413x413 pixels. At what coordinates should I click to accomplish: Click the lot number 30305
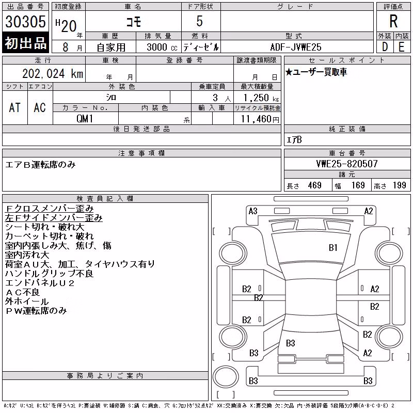pos(25,21)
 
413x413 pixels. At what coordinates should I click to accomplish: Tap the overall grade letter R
pos(393,21)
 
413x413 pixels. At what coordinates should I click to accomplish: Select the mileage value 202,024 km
pos(53,74)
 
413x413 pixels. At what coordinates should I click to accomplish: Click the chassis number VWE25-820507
pos(347,164)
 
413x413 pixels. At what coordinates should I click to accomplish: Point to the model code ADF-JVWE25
pos(296,47)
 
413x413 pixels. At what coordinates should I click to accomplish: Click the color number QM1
pos(85,119)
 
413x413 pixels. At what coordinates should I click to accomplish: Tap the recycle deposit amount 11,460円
pos(260,119)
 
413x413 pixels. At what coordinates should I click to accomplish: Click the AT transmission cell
pos(15,107)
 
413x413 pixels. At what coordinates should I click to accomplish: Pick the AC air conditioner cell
pos(40,107)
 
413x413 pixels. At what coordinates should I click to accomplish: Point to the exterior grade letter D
pos(385,47)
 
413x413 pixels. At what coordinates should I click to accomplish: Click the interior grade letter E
pos(402,47)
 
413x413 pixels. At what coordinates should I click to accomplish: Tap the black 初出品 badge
pos(25,43)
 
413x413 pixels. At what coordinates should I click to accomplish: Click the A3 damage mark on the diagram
pos(253,211)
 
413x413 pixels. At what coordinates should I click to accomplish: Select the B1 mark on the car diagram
pos(333,248)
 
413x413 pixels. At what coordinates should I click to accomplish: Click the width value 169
pos(358,185)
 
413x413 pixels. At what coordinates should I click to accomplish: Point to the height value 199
pos(399,185)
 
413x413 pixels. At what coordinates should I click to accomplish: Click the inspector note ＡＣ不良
pos(22,292)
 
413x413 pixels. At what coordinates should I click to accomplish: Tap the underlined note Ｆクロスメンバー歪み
pos(49,209)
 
